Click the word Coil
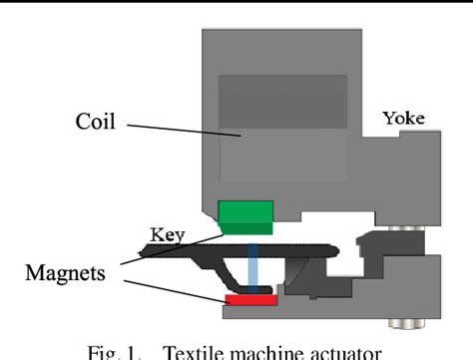[x=96, y=123]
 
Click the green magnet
[x=245, y=212]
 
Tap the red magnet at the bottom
[x=244, y=299]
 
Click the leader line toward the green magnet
[x=170, y=250]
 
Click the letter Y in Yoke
[x=388, y=119]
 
